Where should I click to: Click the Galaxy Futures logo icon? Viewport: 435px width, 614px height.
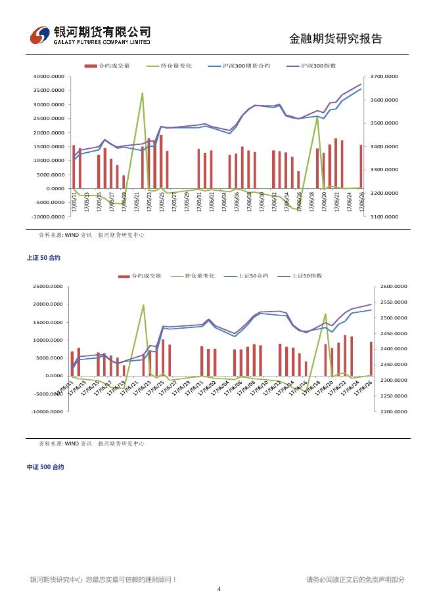(x=40, y=35)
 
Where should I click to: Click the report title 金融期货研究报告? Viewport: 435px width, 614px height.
(x=335, y=39)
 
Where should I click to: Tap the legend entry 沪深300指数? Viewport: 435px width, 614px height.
(x=318, y=66)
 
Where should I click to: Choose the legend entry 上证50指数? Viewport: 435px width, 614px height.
(x=306, y=276)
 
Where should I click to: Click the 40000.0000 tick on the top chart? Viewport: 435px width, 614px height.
(x=49, y=77)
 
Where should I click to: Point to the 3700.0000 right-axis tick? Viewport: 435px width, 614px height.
(x=384, y=77)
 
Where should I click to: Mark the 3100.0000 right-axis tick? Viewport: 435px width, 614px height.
(x=384, y=216)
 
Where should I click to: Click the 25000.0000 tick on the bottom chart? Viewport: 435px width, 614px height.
(x=49, y=287)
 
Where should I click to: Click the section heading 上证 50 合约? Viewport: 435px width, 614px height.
(x=43, y=258)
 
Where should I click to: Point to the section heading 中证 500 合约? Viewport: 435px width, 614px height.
(x=45, y=467)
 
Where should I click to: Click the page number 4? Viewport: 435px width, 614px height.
(x=219, y=589)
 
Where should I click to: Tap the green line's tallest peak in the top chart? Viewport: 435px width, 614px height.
(x=143, y=93)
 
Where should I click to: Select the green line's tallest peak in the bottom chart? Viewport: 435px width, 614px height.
(x=143, y=305)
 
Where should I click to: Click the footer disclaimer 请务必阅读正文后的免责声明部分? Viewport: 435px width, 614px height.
(x=355, y=579)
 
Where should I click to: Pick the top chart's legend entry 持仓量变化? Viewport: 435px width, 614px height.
(x=175, y=66)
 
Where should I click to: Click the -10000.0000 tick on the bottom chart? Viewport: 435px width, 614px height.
(x=49, y=411)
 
